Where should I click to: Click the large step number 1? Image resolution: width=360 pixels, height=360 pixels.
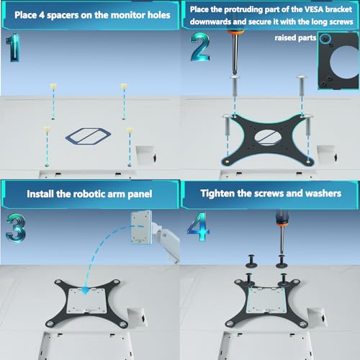[13, 48]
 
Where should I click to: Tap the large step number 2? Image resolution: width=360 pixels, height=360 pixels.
[200, 47]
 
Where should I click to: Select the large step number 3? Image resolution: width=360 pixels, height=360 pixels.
[16, 228]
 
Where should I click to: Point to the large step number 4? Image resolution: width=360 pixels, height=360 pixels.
[198, 227]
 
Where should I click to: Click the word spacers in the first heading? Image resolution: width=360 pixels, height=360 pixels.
[63, 15]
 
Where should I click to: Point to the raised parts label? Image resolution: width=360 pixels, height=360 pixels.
[295, 38]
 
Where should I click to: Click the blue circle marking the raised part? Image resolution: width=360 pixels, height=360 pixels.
[325, 38]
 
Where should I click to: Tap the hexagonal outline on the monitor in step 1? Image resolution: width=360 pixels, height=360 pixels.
[88, 136]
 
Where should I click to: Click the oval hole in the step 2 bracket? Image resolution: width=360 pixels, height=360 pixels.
[268, 138]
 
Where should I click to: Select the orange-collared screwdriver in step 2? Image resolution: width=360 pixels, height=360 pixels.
[235, 52]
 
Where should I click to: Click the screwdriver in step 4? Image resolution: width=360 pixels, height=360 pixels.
[282, 233]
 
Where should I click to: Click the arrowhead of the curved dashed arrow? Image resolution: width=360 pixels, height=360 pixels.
[85, 290]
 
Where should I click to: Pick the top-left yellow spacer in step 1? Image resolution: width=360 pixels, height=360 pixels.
[53, 86]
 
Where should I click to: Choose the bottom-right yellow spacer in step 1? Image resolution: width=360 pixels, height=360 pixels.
[130, 130]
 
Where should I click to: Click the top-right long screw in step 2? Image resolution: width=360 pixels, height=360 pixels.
[301, 86]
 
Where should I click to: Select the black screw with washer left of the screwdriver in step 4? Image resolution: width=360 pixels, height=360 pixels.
[251, 261]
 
